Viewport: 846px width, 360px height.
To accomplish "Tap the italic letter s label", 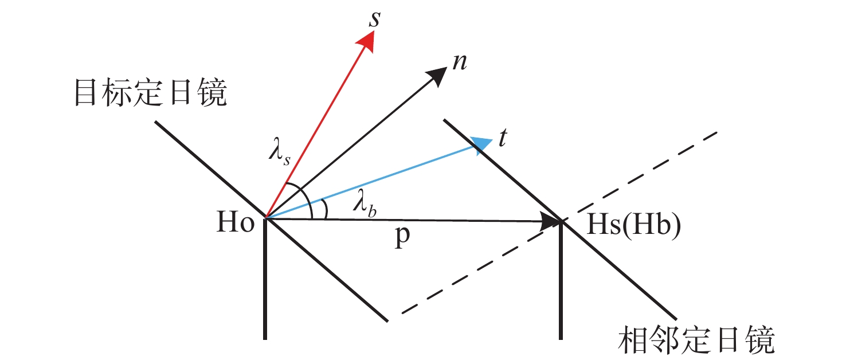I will pos(374,18).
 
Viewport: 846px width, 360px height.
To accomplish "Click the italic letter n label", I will pos(459,62).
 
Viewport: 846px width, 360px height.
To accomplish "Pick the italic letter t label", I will pos(502,139).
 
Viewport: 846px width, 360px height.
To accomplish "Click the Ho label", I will pos(236,224).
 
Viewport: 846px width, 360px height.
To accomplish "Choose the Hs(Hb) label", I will pos(634,226).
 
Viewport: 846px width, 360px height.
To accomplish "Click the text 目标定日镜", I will pos(151,92).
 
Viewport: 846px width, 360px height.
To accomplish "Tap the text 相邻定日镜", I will pos(697,341).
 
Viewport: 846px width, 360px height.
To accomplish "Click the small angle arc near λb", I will pos(324,209).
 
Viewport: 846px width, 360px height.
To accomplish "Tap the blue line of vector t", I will pos(373,182).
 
